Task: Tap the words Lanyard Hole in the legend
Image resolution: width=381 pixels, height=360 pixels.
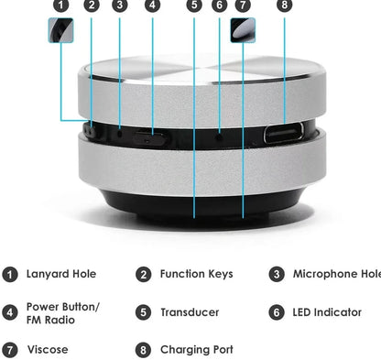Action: tap(60, 274)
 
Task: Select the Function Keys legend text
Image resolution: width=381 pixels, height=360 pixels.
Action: tap(196, 274)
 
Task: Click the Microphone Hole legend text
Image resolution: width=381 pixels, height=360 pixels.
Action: tap(336, 274)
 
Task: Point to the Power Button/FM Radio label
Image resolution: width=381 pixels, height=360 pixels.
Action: tap(62, 312)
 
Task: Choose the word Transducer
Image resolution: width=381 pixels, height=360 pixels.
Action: tap(190, 312)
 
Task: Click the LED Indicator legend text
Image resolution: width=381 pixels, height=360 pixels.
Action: tap(327, 312)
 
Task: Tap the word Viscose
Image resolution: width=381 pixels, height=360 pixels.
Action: tap(47, 349)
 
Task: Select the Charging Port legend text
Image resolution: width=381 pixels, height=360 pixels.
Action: tap(196, 349)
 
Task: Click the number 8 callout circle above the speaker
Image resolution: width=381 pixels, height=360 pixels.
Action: tap(284, 5)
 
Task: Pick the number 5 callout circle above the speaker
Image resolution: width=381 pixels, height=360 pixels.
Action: tap(194, 5)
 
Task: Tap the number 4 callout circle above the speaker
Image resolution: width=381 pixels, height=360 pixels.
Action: tap(152, 5)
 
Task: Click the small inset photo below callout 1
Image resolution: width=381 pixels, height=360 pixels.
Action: tap(60, 31)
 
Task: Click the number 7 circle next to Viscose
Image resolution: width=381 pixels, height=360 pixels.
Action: tap(10, 349)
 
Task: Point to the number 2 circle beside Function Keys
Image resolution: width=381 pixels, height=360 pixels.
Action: tap(144, 274)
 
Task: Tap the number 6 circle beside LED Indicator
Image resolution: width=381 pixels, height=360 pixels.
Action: tap(277, 312)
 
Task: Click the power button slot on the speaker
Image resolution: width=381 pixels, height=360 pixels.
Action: tap(151, 136)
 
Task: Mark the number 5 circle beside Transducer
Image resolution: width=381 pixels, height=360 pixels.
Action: tap(144, 312)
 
